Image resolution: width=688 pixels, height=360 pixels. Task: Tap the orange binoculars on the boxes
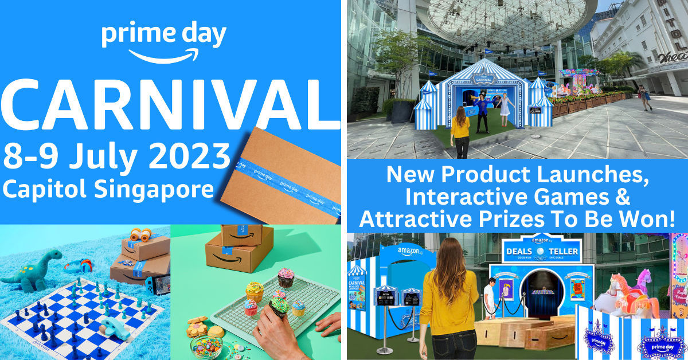[141, 234]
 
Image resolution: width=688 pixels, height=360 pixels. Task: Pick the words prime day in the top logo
[163, 36]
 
